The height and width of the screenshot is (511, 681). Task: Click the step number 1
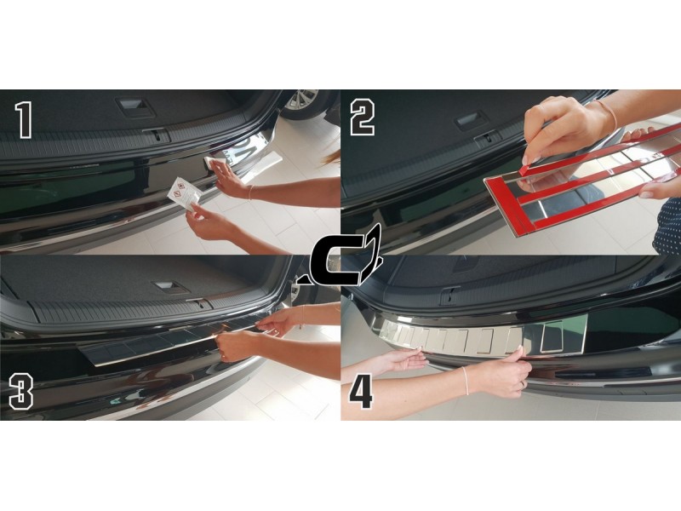point(24,120)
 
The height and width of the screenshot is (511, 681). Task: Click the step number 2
point(363,118)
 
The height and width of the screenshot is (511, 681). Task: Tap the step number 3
point(20,393)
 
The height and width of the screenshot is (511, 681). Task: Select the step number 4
point(361,389)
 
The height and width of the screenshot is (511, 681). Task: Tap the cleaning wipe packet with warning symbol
point(184,194)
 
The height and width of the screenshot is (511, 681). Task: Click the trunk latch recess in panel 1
point(135,107)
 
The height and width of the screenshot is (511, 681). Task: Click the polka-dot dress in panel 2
point(667,230)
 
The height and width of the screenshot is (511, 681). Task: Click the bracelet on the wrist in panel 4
point(466,380)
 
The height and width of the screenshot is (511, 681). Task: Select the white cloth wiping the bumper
point(216,164)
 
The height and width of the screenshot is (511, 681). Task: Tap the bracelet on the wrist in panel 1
point(250,192)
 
